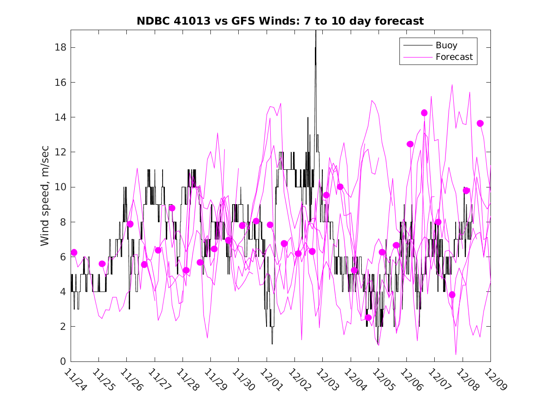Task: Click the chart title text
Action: tap(280, 21)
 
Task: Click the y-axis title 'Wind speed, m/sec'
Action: tap(45, 195)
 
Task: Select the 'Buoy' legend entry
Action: tap(446, 45)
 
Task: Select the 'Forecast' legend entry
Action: tap(454, 57)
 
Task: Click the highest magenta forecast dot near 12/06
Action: tap(424, 113)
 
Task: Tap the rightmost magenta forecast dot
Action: tap(480, 123)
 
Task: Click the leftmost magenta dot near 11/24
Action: tap(74, 252)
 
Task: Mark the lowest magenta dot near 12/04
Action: tap(368, 318)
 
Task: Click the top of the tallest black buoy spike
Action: tap(316, 31)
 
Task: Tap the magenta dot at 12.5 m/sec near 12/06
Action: tap(410, 144)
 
